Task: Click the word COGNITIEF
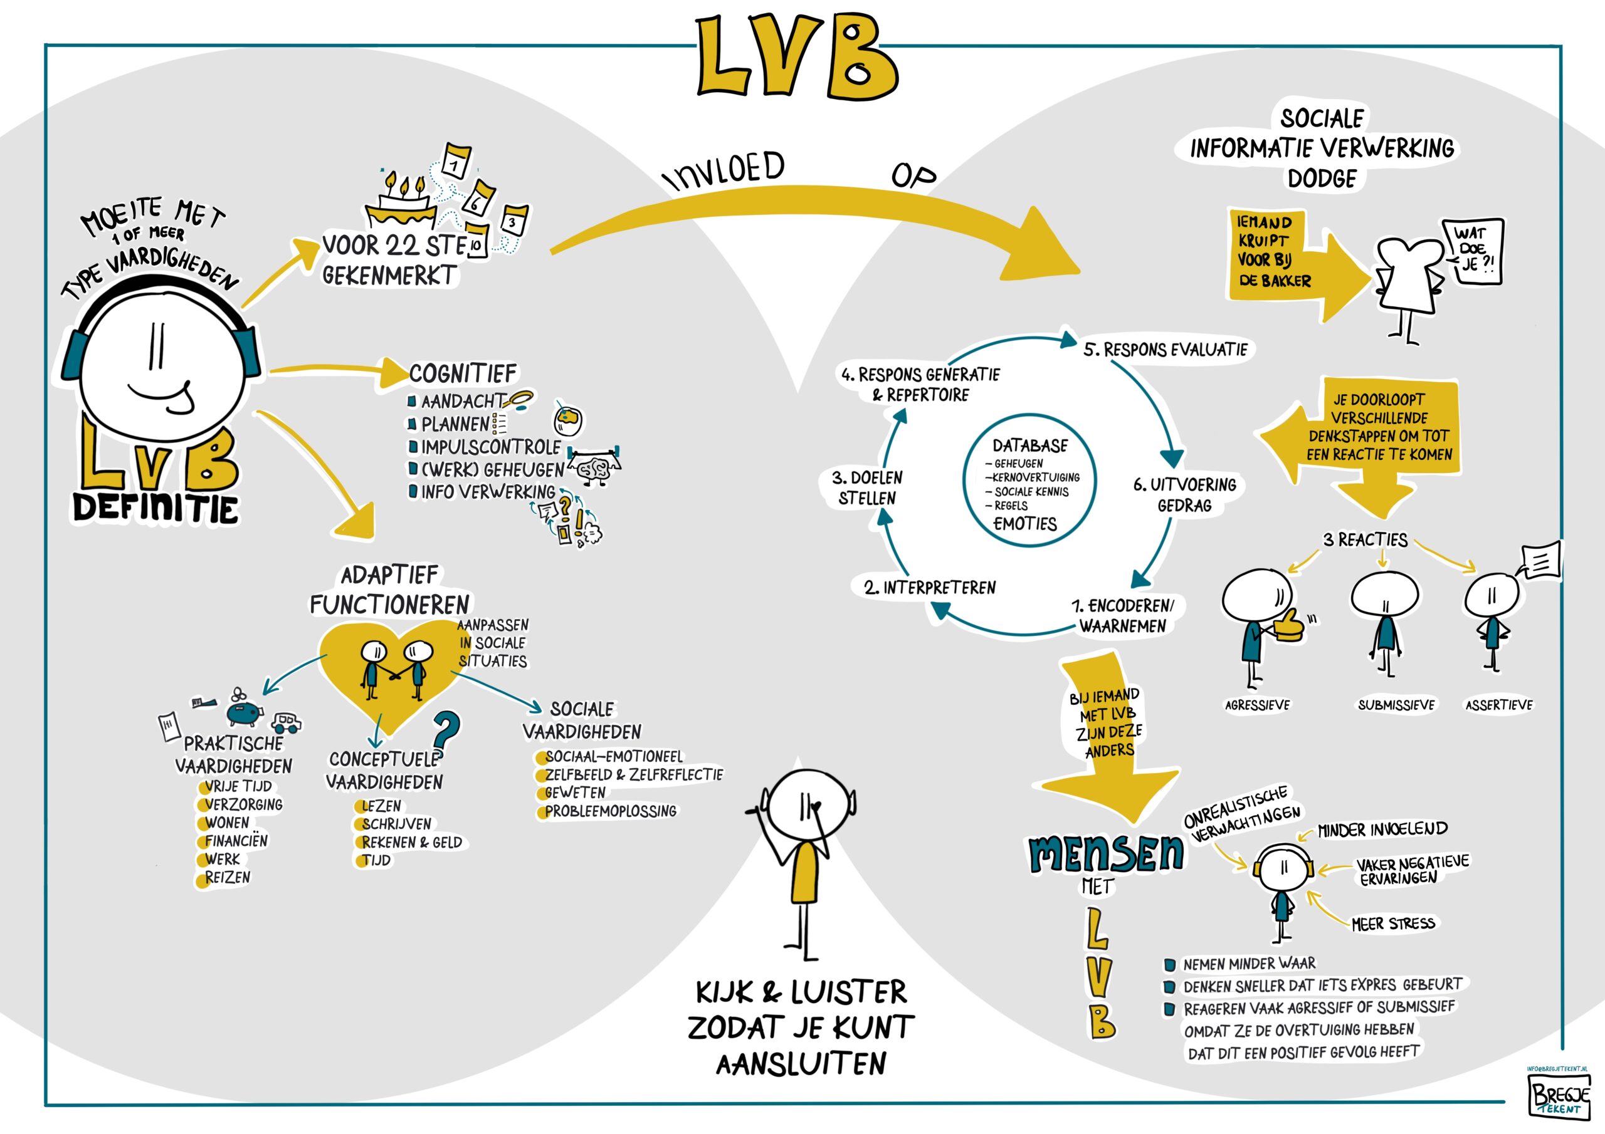pos(463,374)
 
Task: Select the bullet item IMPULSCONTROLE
pos(490,447)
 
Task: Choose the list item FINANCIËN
pos(236,841)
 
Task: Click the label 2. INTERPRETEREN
pos(930,588)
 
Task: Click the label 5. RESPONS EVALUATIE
pos(1166,350)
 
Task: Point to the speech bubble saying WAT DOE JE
pos(1473,250)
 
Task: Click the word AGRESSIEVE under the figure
pos(1257,705)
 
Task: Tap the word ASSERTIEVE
pos(1499,705)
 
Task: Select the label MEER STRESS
pos(1392,923)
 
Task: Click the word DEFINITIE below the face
pos(156,509)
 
